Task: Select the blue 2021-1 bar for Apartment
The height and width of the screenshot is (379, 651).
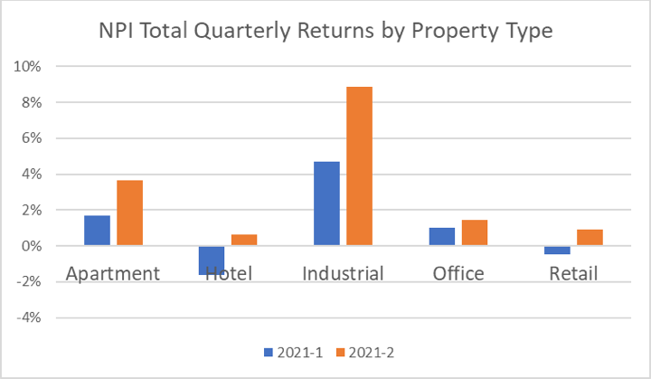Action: pyautogui.click(x=97, y=231)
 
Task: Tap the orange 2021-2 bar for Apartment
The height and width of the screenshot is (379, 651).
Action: pyautogui.click(x=129, y=213)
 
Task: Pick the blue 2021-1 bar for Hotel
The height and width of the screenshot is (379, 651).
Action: pyautogui.click(x=212, y=260)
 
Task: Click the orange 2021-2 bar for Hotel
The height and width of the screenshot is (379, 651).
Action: pyautogui.click(x=244, y=240)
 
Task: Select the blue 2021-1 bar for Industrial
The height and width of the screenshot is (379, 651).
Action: pyautogui.click(x=326, y=204)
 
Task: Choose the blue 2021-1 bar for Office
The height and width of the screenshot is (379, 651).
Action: pyautogui.click(x=441, y=236)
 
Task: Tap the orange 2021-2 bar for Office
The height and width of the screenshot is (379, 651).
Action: pyautogui.click(x=474, y=232)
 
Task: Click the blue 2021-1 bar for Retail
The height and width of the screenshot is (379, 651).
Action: pyautogui.click(x=556, y=250)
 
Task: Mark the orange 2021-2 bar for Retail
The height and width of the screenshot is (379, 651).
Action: pyautogui.click(x=589, y=237)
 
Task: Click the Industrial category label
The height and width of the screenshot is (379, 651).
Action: pyautogui.click(x=343, y=273)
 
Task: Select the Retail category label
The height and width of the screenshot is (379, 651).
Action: pyautogui.click(x=572, y=273)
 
